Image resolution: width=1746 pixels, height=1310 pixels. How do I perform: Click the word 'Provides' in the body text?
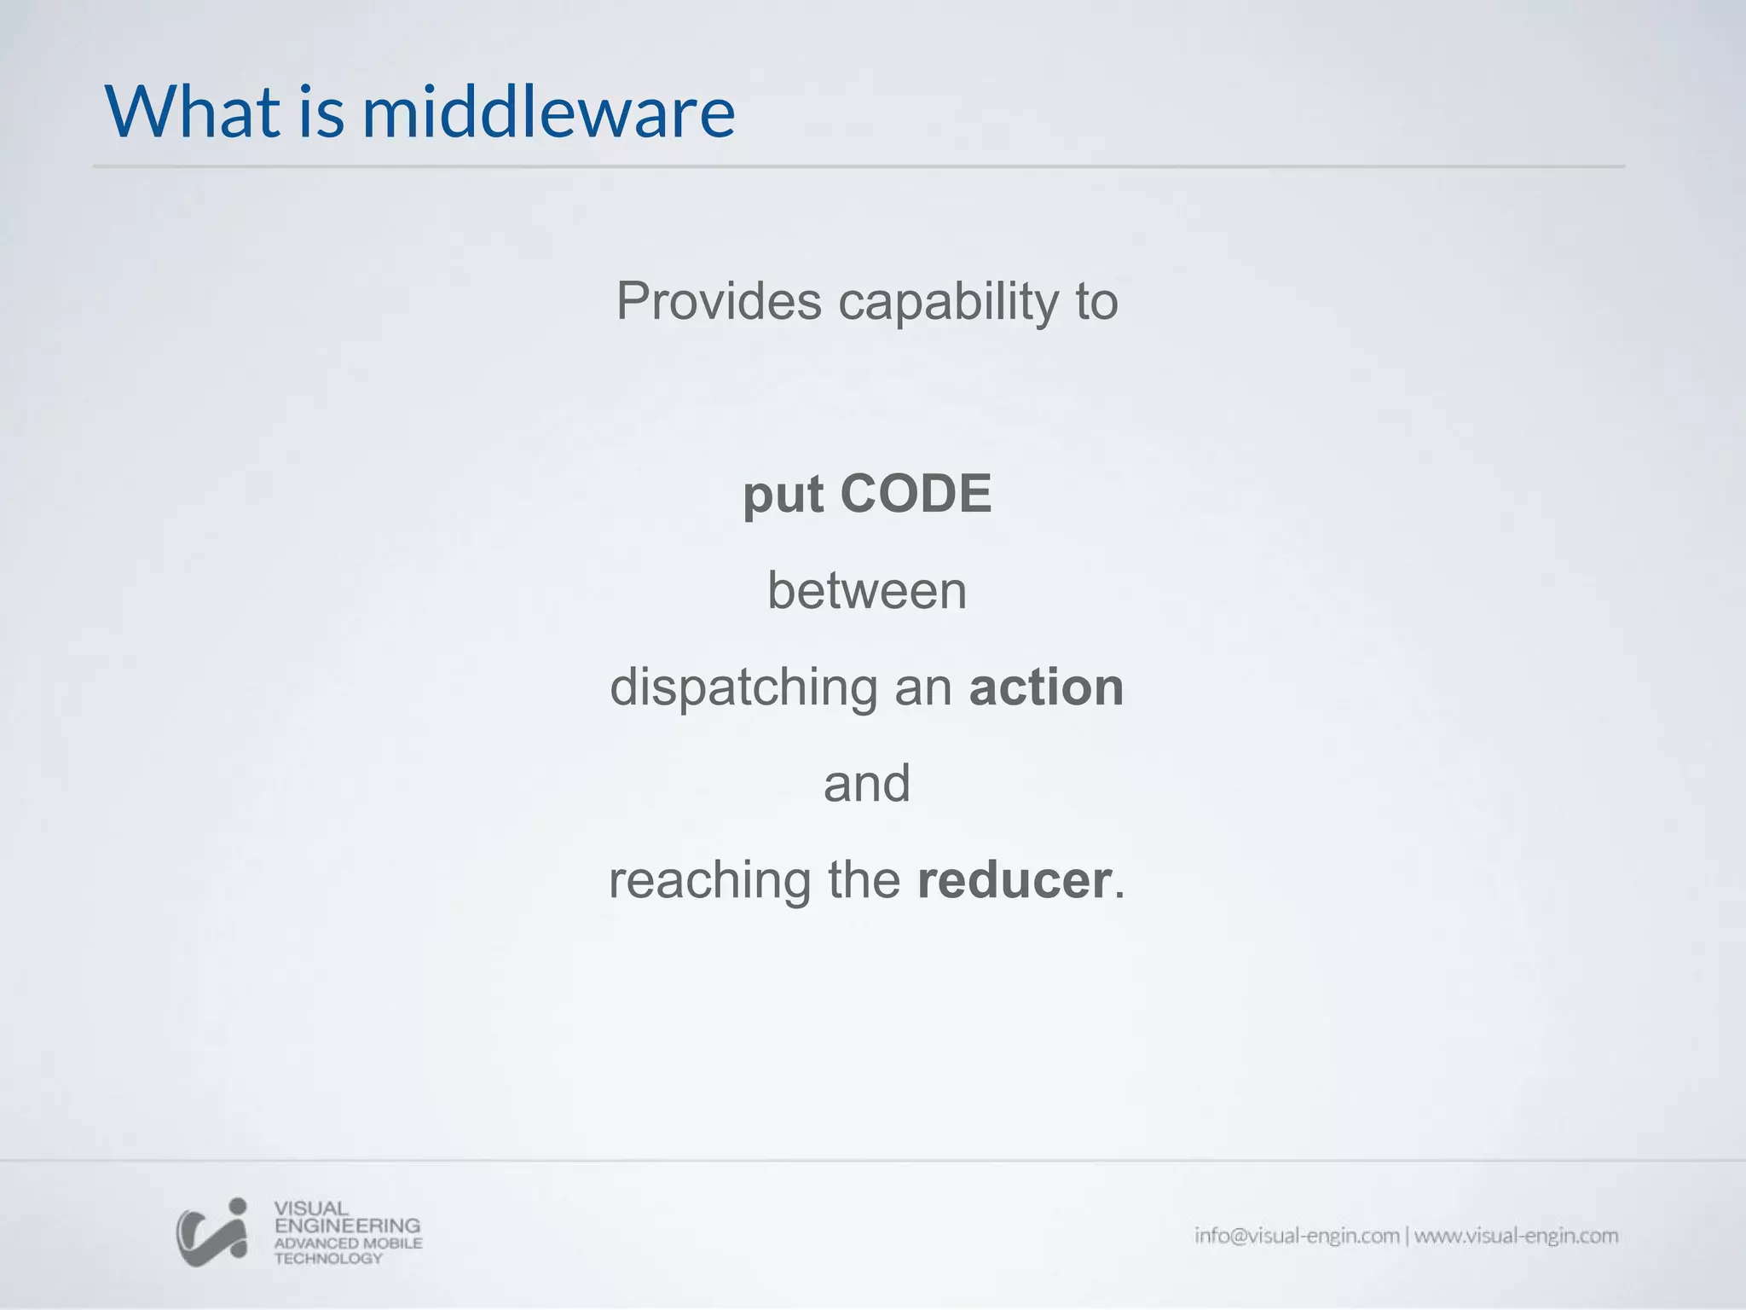coord(719,301)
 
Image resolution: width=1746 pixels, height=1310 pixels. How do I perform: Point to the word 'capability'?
coord(947,303)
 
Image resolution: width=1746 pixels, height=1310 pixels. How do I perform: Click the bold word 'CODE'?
coord(916,494)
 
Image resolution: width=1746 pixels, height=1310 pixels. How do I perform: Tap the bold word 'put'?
coord(783,496)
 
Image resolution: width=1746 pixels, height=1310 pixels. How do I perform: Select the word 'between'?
coord(867,590)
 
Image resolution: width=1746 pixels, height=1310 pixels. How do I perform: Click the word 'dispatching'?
coord(743,688)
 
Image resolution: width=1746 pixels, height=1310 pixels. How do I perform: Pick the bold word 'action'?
coord(1046,687)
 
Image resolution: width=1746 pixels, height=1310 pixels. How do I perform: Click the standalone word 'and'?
coord(867,783)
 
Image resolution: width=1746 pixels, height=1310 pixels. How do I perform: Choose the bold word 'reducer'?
coord(1015,879)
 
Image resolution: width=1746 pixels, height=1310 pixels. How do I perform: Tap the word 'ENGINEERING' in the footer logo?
coord(347,1226)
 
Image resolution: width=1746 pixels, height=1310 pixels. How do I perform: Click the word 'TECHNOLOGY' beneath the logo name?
coord(328,1258)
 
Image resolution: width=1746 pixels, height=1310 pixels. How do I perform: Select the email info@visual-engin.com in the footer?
coord(1297,1236)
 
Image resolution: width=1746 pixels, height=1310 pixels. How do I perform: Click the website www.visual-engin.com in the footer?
coord(1517,1236)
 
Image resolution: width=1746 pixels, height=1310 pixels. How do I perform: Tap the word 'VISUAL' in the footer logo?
coord(311,1209)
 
